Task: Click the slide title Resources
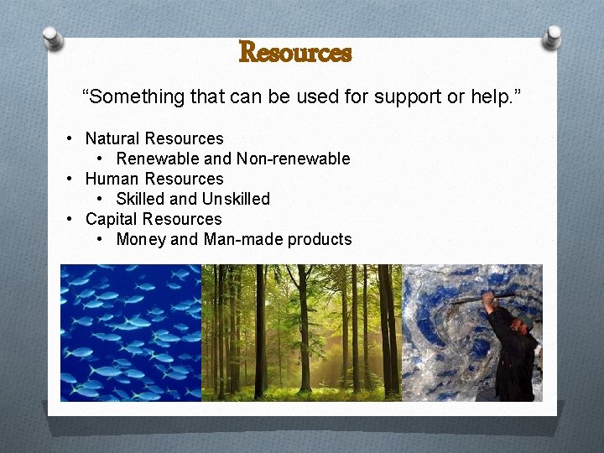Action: [x=295, y=53]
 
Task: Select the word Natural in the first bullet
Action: [x=112, y=138]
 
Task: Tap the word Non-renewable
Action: [x=293, y=159]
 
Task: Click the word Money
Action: [x=140, y=239]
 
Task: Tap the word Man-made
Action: [x=243, y=239]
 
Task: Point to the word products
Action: [x=320, y=239]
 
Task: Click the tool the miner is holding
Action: [x=482, y=297]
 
